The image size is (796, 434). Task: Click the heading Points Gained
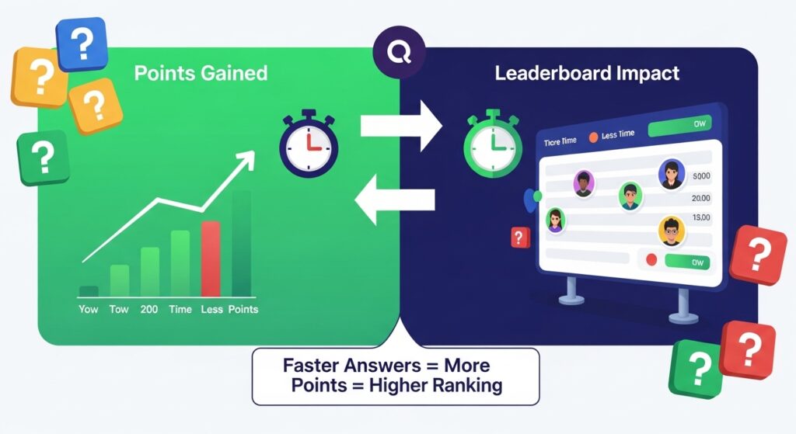click(201, 74)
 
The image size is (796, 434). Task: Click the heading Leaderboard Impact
click(587, 75)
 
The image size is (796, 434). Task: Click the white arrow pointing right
click(400, 123)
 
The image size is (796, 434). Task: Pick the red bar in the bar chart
click(211, 258)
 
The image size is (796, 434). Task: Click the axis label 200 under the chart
click(149, 309)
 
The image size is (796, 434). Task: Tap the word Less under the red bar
click(211, 309)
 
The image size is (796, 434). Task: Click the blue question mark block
click(82, 43)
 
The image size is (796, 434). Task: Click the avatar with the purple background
click(584, 183)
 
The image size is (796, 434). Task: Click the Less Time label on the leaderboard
click(617, 134)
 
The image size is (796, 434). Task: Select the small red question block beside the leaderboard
click(519, 238)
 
